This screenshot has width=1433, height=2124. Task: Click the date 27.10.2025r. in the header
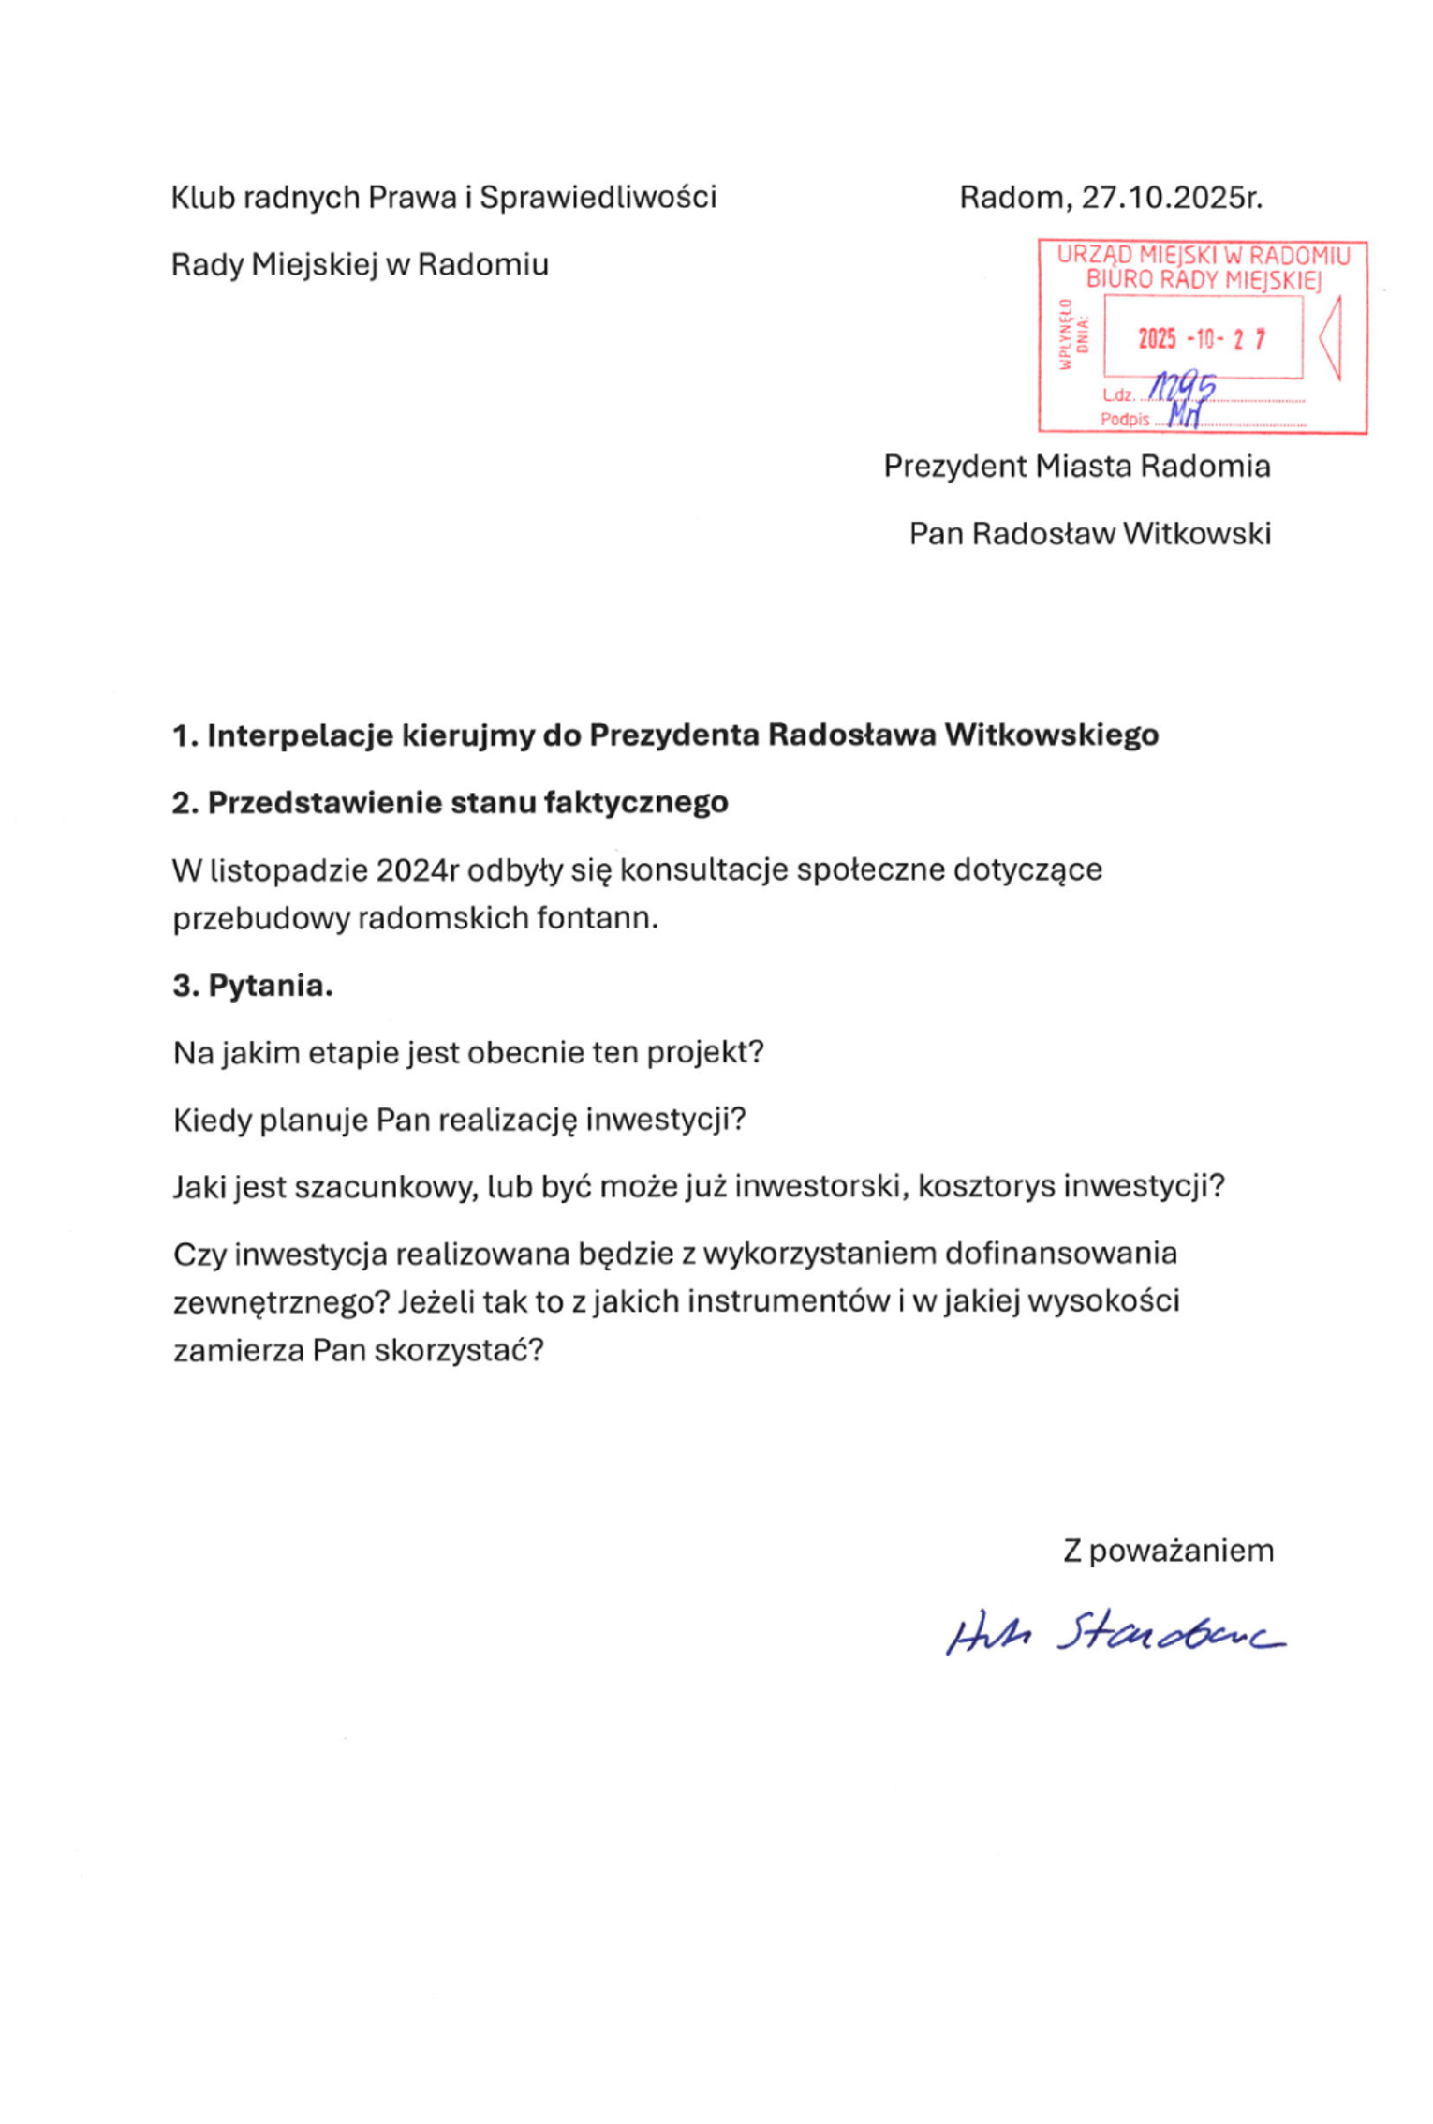click(x=1172, y=198)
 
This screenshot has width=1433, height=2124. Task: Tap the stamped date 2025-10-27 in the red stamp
click(x=1202, y=339)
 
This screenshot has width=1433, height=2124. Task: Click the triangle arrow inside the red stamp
click(x=1331, y=338)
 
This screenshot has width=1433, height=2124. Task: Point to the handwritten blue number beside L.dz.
click(x=1183, y=386)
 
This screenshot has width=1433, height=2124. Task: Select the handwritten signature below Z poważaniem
click(x=1115, y=1634)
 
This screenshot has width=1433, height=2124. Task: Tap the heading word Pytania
click(x=270, y=986)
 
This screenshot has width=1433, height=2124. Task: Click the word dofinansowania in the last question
click(x=1060, y=1254)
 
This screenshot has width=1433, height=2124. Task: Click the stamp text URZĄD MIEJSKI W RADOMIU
click(x=1204, y=256)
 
